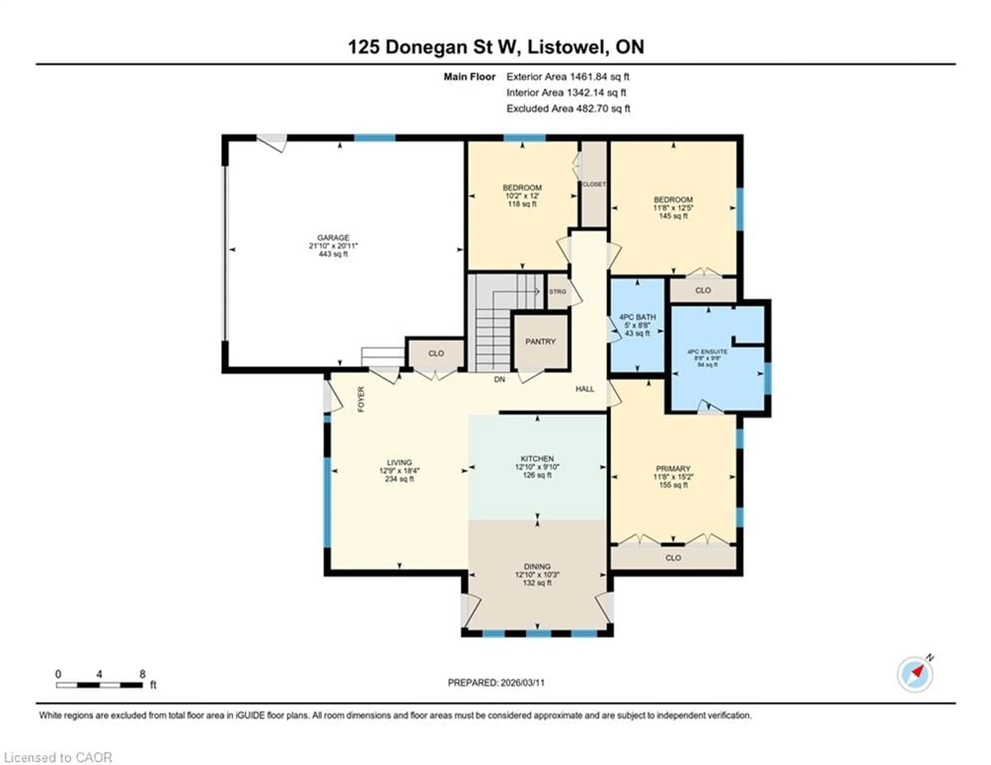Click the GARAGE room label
point(333,237)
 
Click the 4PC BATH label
point(637,317)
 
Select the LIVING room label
point(399,462)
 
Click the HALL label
point(585,389)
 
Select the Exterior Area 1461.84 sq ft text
point(568,77)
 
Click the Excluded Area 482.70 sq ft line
point(568,108)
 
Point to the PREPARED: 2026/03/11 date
point(496,682)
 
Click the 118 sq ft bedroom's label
point(522,187)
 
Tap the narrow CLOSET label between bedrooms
point(594,184)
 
